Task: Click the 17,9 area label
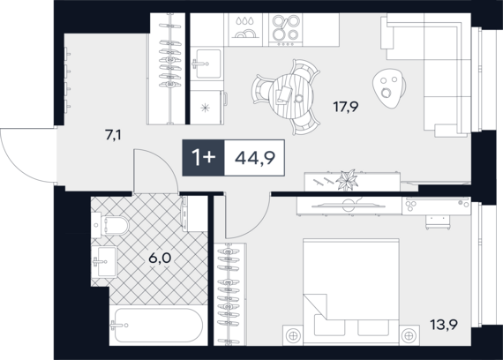point(346,107)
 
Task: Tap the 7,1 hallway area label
point(113,135)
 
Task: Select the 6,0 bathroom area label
point(160,258)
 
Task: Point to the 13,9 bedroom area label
point(444,325)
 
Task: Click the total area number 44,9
point(255,158)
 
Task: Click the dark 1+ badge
point(203,158)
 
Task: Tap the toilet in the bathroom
point(110,225)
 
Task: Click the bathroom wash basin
point(104,261)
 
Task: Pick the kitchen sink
point(206,64)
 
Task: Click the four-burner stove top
point(285,30)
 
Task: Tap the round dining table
point(291,96)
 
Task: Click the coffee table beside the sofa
point(389,88)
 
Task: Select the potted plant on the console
point(347,180)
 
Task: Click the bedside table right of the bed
point(409,335)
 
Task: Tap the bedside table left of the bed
point(293,335)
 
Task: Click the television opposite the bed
point(349,205)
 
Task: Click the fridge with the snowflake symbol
point(206,107)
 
